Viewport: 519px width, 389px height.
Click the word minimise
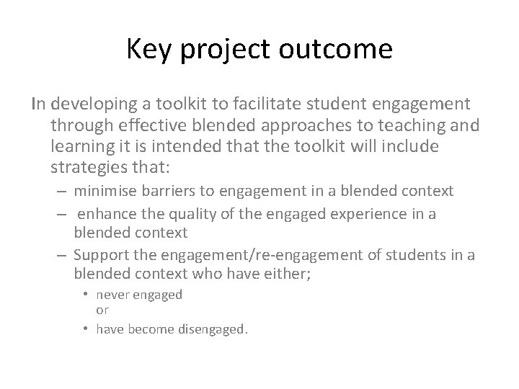[102, 191]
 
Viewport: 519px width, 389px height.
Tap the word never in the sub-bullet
[112, 294]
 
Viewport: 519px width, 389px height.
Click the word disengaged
[215, 329]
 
